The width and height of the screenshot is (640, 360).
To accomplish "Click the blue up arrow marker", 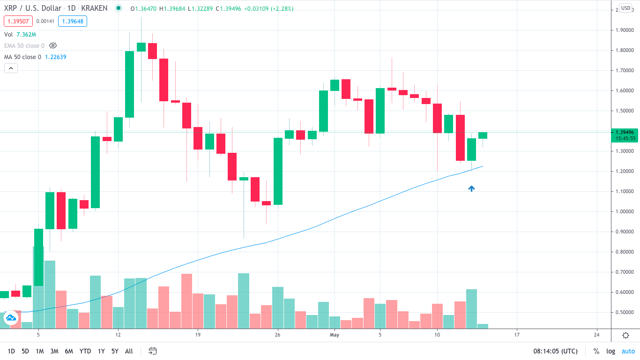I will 471,188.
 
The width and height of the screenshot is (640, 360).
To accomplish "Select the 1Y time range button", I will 101,351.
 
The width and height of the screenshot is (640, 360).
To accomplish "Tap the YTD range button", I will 85,351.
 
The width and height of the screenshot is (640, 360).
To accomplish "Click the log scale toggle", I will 610,351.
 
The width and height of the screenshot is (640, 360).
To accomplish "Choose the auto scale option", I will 628,351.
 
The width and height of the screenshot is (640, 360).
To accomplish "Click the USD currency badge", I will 625,8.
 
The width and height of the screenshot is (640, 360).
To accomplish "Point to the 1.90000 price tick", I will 625,30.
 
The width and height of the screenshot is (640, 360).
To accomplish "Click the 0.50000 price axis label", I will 625,312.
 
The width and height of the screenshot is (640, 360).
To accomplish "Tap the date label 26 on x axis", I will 278,335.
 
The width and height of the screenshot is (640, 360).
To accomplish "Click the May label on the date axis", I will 334,335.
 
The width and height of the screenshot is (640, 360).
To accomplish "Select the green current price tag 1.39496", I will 625,132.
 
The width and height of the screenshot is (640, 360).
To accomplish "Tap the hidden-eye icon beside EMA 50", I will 53,45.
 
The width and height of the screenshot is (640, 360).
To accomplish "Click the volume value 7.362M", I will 26,35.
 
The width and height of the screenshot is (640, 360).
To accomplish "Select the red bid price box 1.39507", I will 18,21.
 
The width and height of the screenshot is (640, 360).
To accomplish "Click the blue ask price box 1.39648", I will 73,21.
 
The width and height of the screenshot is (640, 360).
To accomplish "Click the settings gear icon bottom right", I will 625,335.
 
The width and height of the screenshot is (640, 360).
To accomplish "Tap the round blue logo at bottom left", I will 10,318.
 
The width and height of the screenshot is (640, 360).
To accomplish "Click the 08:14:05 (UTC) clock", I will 555,351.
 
